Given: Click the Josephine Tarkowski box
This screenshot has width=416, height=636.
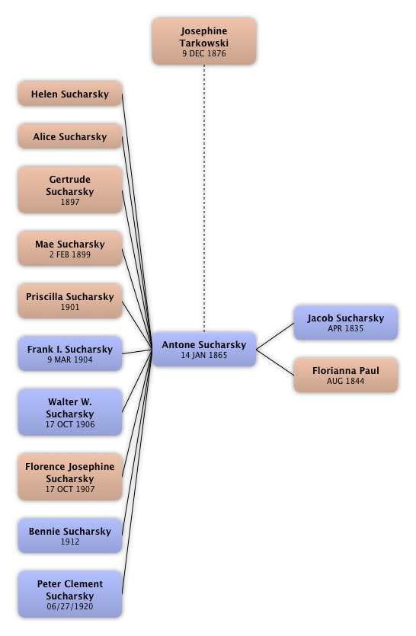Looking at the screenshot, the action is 204,41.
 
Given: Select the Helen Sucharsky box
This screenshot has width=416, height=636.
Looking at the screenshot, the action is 70,94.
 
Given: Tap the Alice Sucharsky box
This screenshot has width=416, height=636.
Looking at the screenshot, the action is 70,136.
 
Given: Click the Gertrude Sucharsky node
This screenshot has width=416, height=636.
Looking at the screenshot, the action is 70,190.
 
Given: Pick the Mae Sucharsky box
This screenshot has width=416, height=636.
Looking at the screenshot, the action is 70,248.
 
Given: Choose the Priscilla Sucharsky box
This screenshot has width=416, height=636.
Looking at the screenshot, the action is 70,301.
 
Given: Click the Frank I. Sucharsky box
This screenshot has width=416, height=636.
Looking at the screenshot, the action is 70,353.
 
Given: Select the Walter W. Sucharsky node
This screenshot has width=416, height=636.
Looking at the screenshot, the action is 70,413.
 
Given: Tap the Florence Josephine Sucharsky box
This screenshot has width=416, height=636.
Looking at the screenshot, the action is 70,477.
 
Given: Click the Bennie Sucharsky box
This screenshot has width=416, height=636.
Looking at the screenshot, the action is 70,535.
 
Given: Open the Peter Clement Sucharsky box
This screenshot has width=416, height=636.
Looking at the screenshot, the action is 70,595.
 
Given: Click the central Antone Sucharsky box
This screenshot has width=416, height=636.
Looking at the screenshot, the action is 204,350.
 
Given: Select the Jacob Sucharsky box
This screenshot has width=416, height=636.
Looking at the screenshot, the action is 346,323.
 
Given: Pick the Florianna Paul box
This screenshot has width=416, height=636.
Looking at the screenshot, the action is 346,376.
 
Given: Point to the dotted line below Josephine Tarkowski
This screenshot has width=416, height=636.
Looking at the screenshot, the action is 204,198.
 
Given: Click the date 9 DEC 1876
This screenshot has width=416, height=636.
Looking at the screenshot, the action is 204,53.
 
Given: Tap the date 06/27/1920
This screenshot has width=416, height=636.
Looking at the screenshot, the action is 70,606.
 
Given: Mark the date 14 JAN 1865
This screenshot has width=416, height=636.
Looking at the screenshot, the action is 204,355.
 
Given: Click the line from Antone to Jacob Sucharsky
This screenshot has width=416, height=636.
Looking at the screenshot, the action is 275,336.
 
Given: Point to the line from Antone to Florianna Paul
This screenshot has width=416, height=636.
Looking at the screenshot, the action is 275,363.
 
